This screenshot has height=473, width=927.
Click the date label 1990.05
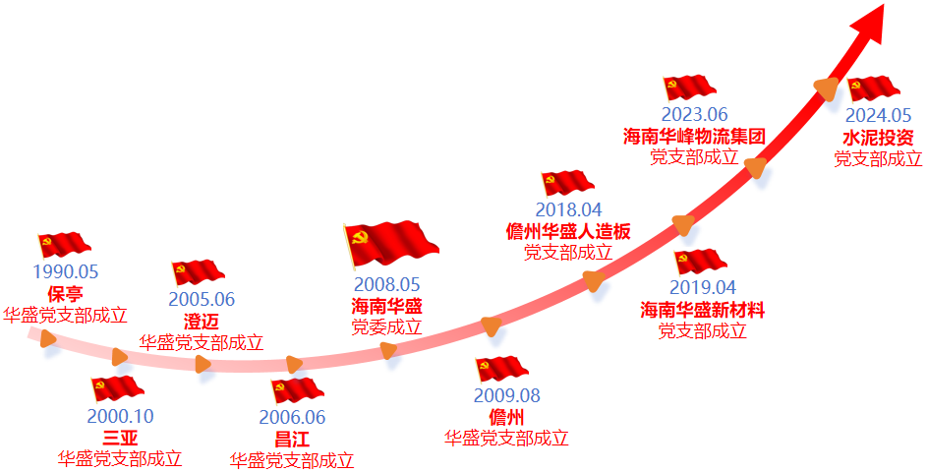[66, 272]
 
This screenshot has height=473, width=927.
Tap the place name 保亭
[65, 294]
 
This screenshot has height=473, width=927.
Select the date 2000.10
[120, 417]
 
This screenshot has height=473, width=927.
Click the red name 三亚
[120, 439]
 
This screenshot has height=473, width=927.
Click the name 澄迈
[202, 322]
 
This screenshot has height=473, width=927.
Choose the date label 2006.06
[292, 417]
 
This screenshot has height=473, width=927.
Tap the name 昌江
[292, 439]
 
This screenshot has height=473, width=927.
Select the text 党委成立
[387, 326]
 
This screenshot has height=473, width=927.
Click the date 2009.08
[507, 396]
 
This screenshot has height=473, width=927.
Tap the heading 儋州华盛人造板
[568, 231]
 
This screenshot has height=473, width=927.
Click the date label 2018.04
[568, 209]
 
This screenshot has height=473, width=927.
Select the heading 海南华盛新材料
[703, 310]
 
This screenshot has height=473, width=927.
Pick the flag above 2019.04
[701, 262]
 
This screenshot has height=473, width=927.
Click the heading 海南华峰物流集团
[694, 136]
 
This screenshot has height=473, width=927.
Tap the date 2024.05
[878, 115]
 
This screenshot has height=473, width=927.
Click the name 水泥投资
[878, 137]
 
